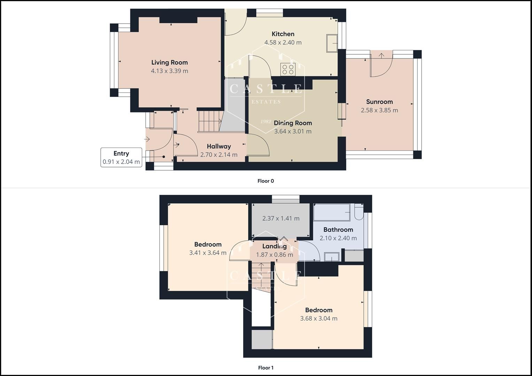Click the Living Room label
(x=169, y=62)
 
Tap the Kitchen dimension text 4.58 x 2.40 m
(x=283, y=42)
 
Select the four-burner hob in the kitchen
(x=288, y=69)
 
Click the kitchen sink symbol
(x=332, y=43)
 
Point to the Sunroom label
(x=379, y=102)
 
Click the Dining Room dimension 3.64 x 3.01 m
(x=293, y=131)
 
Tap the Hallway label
(x=219, y=146)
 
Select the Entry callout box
(x=121, y=157)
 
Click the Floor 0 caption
(x=266, y=181)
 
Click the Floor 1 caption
(x=266, y=368)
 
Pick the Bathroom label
(x=338, y=229)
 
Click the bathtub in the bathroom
(x=332, y=212)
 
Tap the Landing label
(x=275, y=246)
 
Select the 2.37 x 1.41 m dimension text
(x=281, y=218)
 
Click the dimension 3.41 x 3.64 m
(x=208, y=253)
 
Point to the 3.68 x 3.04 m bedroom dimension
(x=318, y=318)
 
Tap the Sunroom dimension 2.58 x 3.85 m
(x=379, y=110)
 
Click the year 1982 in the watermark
(x=266, y=122)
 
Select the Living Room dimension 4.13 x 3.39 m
(x=169, y=71)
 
